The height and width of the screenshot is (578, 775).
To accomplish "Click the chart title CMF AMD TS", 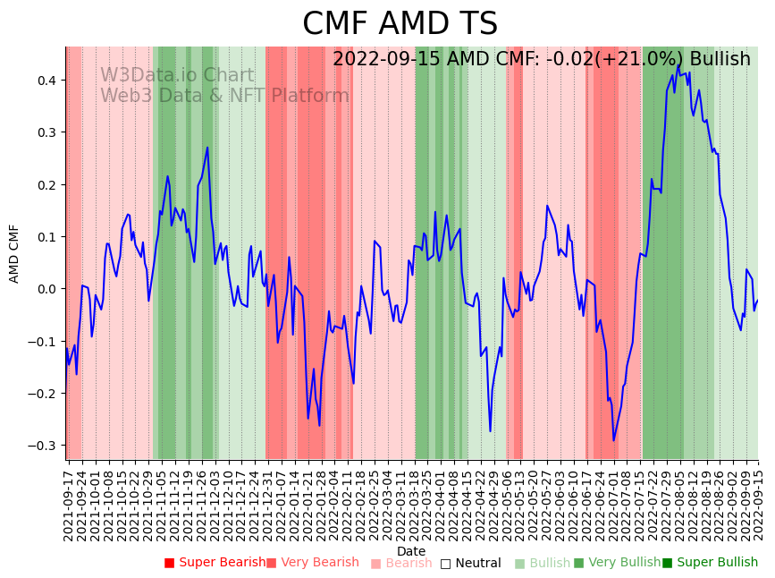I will (400, 24).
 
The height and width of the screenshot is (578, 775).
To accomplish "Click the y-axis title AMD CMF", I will (14, 253).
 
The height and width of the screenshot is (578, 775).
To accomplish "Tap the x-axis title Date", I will (411, 551).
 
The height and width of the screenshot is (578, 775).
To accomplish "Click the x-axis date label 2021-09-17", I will (68, 502).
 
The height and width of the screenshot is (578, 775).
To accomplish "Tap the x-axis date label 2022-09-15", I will (759, 502).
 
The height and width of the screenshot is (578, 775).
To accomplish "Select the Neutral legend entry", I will (476, 564).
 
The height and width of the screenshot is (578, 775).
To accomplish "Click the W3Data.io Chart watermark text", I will (177, 76).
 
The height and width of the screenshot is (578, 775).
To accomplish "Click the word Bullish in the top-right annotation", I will (720, 59).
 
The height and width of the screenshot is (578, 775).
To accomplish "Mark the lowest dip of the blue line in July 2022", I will (613, 440).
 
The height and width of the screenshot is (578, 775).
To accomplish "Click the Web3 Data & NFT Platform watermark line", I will (224, 96).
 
